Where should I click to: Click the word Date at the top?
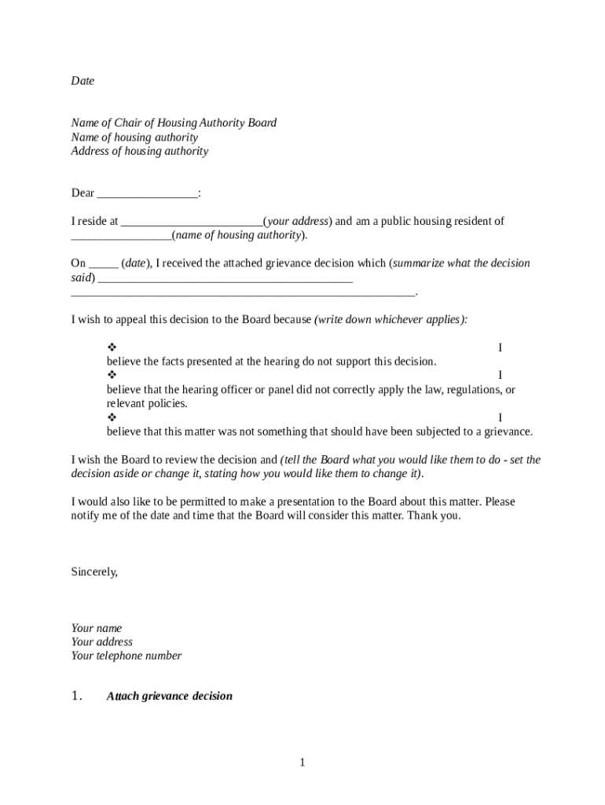tap(82, 81)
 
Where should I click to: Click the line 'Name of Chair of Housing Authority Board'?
tap(174, 123)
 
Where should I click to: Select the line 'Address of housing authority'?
tap(140, 151)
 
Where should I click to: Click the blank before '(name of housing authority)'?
tap(121, 236)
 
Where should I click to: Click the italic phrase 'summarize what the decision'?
tap(461, 263)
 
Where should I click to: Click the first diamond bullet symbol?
tap(112, 347)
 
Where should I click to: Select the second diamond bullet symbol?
tap(112, 376)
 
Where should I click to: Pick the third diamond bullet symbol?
tap(112, 417)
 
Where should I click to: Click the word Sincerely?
tap(94, 572)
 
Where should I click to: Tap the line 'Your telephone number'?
tap(126, 656)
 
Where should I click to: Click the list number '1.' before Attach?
tap(76, 696)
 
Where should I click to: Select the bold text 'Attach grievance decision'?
tap(170, 697)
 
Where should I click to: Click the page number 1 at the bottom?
tap(302, 763)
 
